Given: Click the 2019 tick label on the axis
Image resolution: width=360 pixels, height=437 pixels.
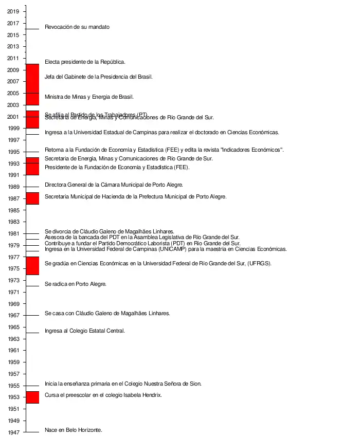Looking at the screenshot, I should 13,11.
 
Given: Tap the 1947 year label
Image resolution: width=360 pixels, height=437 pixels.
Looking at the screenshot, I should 13,432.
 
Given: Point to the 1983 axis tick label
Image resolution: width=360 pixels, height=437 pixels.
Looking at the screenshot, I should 13,222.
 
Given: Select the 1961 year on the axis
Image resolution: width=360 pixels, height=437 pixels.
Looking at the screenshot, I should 13,351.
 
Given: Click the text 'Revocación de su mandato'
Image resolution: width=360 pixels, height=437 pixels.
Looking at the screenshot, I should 77,27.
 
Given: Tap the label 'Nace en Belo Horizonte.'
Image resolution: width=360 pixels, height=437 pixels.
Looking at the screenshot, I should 74,430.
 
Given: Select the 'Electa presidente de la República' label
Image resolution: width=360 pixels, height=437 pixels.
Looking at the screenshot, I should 85,62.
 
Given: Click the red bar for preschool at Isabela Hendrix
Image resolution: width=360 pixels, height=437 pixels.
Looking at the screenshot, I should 32,397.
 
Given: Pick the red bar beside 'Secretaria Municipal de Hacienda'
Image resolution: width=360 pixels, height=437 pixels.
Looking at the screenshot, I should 32,198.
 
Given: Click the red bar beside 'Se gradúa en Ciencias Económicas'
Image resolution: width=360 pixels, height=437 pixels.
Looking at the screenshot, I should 32,265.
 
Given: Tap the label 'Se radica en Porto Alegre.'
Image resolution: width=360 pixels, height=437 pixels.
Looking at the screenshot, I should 76,284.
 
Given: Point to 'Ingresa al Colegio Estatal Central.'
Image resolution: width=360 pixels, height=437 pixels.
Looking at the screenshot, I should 85,331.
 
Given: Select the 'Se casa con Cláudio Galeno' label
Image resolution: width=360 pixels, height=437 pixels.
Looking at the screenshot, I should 107,313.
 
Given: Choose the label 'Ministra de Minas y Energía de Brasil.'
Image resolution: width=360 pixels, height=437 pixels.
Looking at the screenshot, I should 89,97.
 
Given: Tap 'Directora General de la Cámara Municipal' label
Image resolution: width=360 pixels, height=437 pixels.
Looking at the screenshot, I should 114,185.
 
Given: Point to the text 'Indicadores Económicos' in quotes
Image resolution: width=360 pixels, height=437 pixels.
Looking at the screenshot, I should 251,150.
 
